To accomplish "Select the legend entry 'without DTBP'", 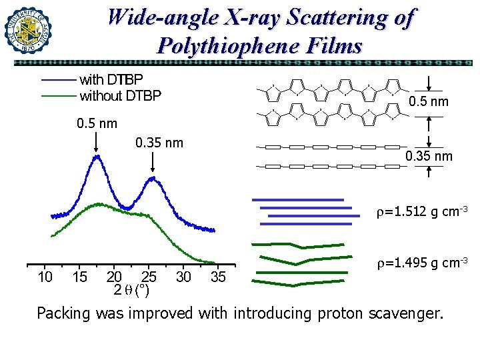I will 120,96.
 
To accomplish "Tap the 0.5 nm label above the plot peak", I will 96,123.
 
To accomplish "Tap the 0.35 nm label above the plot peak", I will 159,143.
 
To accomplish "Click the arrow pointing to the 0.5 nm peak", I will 97,142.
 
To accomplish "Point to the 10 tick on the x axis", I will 45,277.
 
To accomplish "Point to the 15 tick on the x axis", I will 79,277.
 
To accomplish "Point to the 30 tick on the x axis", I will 183,277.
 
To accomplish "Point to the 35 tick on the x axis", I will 218,277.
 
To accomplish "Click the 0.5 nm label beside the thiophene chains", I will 429,102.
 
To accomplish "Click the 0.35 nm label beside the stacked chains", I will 429,156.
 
